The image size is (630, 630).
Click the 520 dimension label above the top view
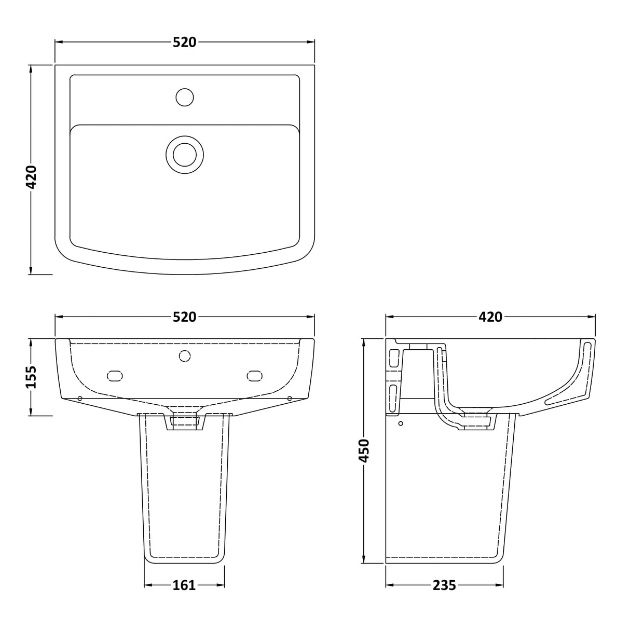point(185,43)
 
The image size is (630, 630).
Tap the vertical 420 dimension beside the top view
point(32,177)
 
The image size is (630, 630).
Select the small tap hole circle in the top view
point(185,97)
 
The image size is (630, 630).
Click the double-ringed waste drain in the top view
point(185,155)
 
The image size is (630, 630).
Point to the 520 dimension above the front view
point(185,317)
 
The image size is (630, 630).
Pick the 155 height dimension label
point(32,377)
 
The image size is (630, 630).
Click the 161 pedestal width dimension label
point(184,585)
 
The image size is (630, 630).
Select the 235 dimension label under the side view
point(444,585)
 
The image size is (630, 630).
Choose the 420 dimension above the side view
point(490,317)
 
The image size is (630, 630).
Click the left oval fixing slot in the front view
point(114,376)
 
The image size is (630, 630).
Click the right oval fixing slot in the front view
point(255,376)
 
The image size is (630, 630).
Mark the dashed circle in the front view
point(185,355)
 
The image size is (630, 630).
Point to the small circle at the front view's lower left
point(79,399)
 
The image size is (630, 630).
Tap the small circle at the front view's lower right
point(290,399)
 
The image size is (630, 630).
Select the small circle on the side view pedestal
point(400,423)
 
